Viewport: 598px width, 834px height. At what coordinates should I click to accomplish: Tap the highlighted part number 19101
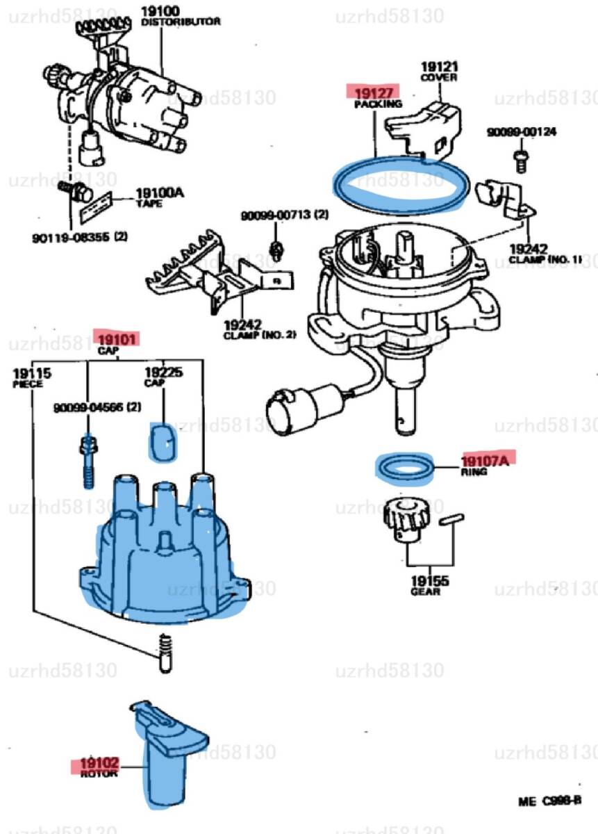pos(117,339)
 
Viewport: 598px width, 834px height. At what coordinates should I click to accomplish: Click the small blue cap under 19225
pos(163,442)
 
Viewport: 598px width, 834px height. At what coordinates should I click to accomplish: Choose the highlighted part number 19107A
pos(485,459)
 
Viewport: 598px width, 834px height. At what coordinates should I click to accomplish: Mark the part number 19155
pos(429,582)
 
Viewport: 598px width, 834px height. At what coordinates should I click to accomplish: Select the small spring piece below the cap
pos(165,654)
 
